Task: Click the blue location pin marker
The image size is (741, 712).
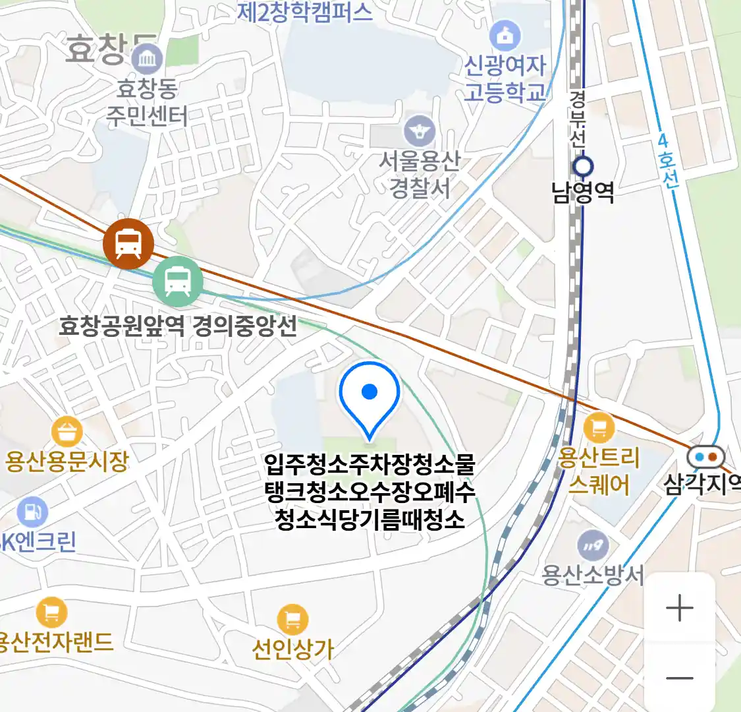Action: pos(370,396)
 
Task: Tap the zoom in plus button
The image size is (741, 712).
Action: pos(680,608)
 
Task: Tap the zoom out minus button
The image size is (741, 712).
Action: pos(680,678)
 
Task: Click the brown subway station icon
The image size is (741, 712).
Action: pos(128,244)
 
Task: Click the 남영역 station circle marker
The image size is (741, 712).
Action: pos(583,165)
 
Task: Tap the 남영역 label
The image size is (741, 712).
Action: pos(583,192)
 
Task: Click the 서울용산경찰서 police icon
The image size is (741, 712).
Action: pos(420,131)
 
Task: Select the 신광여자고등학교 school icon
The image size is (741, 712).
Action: pos(505,37)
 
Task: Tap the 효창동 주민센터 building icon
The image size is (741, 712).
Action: pos(147,60)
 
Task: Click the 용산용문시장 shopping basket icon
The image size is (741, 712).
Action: pos(67,432)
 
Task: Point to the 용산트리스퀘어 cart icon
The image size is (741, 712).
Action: pos(598,428)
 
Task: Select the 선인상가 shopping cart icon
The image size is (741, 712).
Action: pos(292,620)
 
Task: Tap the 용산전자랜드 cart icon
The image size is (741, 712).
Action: pos(51,612)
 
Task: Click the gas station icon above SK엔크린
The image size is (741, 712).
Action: pos(32,512)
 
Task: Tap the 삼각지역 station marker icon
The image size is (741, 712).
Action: pos(705,456)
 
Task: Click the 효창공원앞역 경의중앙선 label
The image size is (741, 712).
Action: pos(178,326)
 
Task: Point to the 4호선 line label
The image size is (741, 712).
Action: pos(667,161)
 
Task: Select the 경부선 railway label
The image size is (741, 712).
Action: pos(578,119)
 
